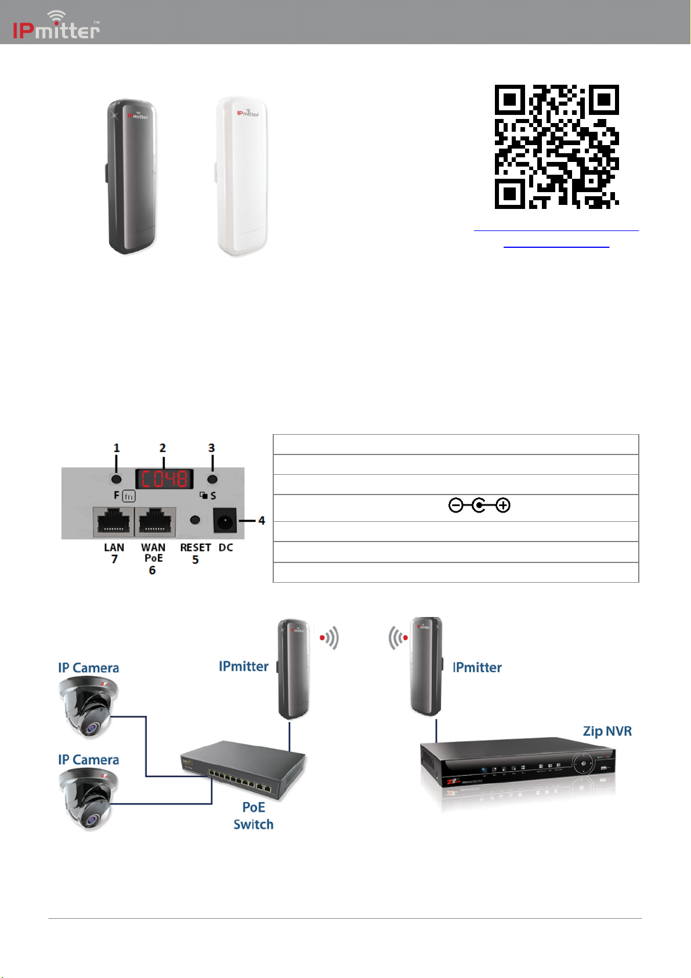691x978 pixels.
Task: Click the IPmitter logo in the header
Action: [x=56, y=26]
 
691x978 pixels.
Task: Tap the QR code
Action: [x=556, y=147]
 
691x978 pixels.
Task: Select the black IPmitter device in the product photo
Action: [x=131, y=176]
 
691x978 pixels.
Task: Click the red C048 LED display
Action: [x=164, y=479]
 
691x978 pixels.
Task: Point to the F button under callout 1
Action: [x=117, y=479]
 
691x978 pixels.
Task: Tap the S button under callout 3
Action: [x=212, y=479]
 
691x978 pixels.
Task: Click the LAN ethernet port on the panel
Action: [x=113, y=521]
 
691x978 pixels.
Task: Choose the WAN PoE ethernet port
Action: [x=155, y=521]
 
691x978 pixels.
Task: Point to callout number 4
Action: [x=262, y=521]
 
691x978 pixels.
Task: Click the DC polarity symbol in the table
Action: [x=479, y=506]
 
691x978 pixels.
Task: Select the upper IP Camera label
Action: [x=88, y=668]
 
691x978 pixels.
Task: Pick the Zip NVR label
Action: [x=607, y=731]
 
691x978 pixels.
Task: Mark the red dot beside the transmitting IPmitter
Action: [x=323, y=638]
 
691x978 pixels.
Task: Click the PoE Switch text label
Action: [x=254, y=815]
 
